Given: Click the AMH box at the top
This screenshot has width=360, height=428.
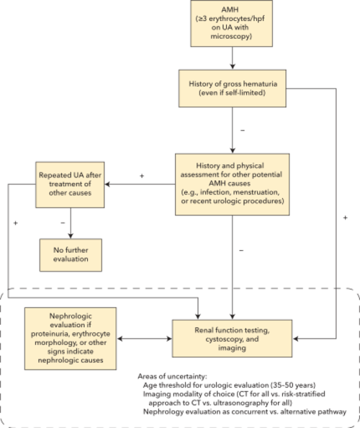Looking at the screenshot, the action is [232, 23].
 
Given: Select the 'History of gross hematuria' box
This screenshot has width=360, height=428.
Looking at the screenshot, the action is [233, 89].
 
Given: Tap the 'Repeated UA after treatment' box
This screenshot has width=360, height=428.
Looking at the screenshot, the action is [70, 184].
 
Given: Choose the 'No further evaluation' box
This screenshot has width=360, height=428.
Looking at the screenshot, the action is [71, 255].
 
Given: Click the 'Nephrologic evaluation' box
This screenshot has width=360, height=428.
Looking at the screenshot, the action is [71, 339].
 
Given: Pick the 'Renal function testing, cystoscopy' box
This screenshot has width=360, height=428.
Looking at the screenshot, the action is [232, 339].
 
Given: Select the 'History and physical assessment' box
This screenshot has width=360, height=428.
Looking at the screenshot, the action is [233, 184].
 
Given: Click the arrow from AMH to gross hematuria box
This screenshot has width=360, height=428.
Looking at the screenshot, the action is [233, 58].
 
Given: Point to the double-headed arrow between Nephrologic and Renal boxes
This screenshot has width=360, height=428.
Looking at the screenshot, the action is [145, 339].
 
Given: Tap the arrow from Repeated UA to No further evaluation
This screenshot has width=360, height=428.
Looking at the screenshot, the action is [71, 223].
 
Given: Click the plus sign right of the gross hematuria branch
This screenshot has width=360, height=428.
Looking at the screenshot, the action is [346, 218].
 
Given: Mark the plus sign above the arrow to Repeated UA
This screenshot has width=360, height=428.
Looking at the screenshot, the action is [142, 176].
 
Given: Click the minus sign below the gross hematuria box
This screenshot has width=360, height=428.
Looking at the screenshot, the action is [243, 130].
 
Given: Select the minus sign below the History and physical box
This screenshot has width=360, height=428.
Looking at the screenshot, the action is [241, 250].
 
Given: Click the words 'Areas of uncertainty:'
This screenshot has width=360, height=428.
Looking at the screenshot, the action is [172, 376].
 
